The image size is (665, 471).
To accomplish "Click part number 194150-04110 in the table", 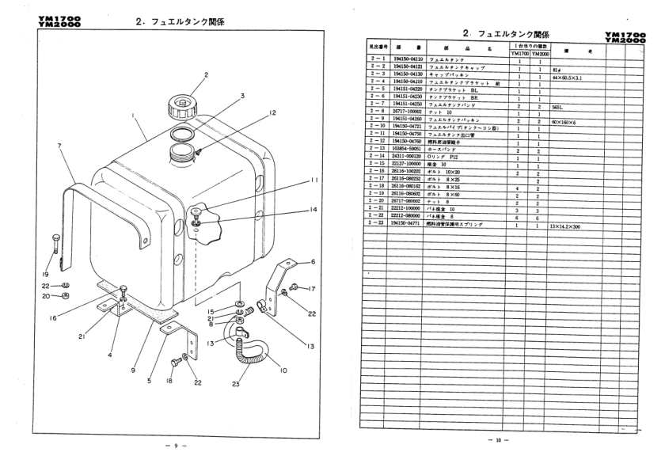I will [x=406, y=61].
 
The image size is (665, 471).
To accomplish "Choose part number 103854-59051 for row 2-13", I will [x=406, y=150].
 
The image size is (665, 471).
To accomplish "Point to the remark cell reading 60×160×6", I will [x=566, y=121].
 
